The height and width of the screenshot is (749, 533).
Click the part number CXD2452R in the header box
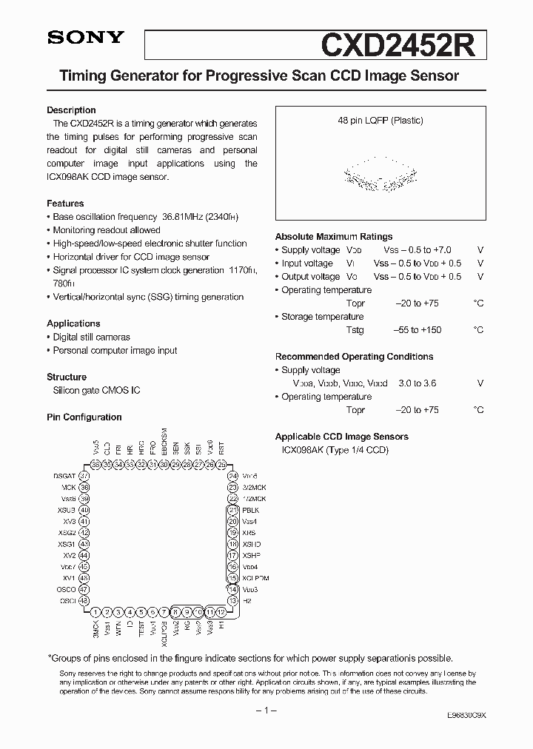click(403, 43)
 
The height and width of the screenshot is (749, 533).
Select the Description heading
click(71, 110)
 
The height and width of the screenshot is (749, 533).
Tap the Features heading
click(65, 204)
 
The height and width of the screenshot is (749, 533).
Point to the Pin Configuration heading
click(84, 417)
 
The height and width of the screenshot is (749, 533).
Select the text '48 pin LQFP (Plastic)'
click(380, 121)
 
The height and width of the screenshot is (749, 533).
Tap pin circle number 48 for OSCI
click(84, 600)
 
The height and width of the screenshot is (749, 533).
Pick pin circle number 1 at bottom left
click(95, 612)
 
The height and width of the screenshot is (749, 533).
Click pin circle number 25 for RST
click(221, 464)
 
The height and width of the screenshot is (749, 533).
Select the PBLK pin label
click(251, 510)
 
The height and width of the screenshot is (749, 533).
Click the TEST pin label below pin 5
click(141, 630)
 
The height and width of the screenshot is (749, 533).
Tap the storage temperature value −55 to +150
click(417, 330)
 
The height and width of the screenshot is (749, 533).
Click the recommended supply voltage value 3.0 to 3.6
click(417, 383)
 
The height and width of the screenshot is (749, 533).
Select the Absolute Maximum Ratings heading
click(334, 237)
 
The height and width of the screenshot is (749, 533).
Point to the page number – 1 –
click(266, 711)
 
